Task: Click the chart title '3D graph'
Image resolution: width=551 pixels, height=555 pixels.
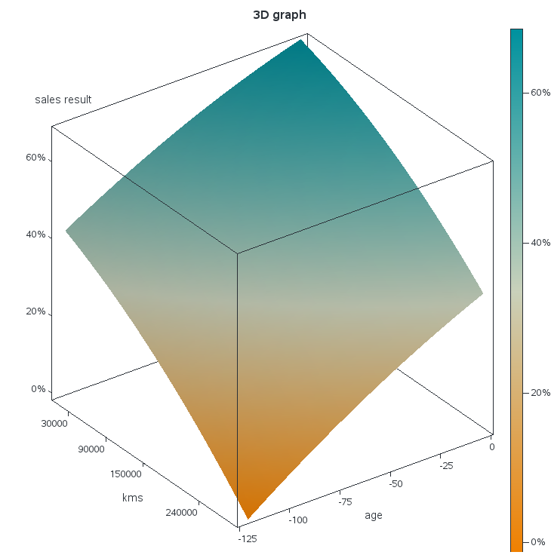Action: (x=279, y=14)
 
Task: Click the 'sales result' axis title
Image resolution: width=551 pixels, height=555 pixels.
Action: (x=63, y=100)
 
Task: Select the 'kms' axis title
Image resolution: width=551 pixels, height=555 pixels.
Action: (x=133, y=498)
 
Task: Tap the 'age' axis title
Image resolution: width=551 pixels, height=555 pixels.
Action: (x=374, y=516)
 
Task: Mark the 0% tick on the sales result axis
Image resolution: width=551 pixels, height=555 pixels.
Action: (x=38, y=389)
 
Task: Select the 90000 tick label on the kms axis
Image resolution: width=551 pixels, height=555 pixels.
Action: (x=91, y=449)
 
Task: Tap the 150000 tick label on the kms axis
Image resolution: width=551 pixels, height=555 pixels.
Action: (x=126, y=474)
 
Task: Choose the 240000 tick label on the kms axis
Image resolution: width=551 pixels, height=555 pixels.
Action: (x=181, y=512)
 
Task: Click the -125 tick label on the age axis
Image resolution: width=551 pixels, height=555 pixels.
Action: (x=246, y=538)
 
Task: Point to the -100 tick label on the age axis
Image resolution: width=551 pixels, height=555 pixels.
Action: (x=298, y=520)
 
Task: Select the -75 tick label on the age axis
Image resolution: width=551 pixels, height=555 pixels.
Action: (x=346, y=501)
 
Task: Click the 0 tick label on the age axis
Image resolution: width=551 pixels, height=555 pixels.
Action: (x=491, y=447)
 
